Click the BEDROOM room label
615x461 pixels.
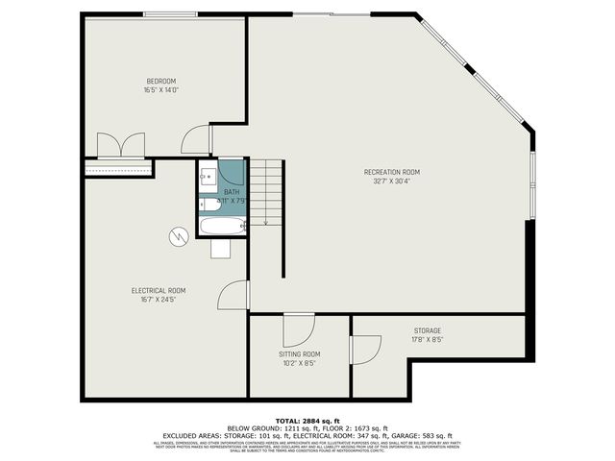160,81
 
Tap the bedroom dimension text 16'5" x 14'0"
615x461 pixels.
160,90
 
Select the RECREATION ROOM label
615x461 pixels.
391,172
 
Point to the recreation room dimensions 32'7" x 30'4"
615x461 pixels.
391,182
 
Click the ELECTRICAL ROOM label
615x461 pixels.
159,290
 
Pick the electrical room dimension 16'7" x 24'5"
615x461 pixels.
159,300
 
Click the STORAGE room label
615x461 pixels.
428,329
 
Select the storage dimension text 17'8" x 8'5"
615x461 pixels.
428,339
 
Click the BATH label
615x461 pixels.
232,192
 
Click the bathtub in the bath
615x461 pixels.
222,228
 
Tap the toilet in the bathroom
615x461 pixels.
209,203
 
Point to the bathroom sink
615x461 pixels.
208,177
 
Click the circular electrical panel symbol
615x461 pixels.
179,234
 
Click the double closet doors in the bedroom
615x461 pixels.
120,145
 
